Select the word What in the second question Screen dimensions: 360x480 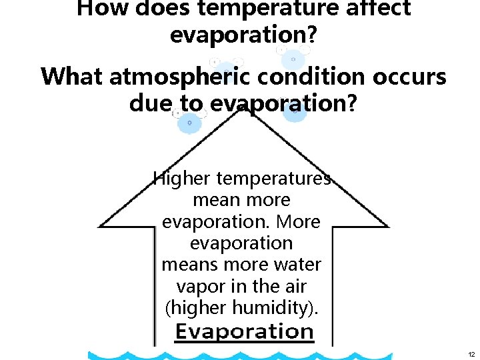click(71, 77)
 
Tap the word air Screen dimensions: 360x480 click(294, 287)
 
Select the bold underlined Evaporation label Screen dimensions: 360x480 click(244, 331)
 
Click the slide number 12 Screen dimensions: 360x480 click(471, 353)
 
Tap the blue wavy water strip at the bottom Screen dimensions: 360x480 click(267, 355)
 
